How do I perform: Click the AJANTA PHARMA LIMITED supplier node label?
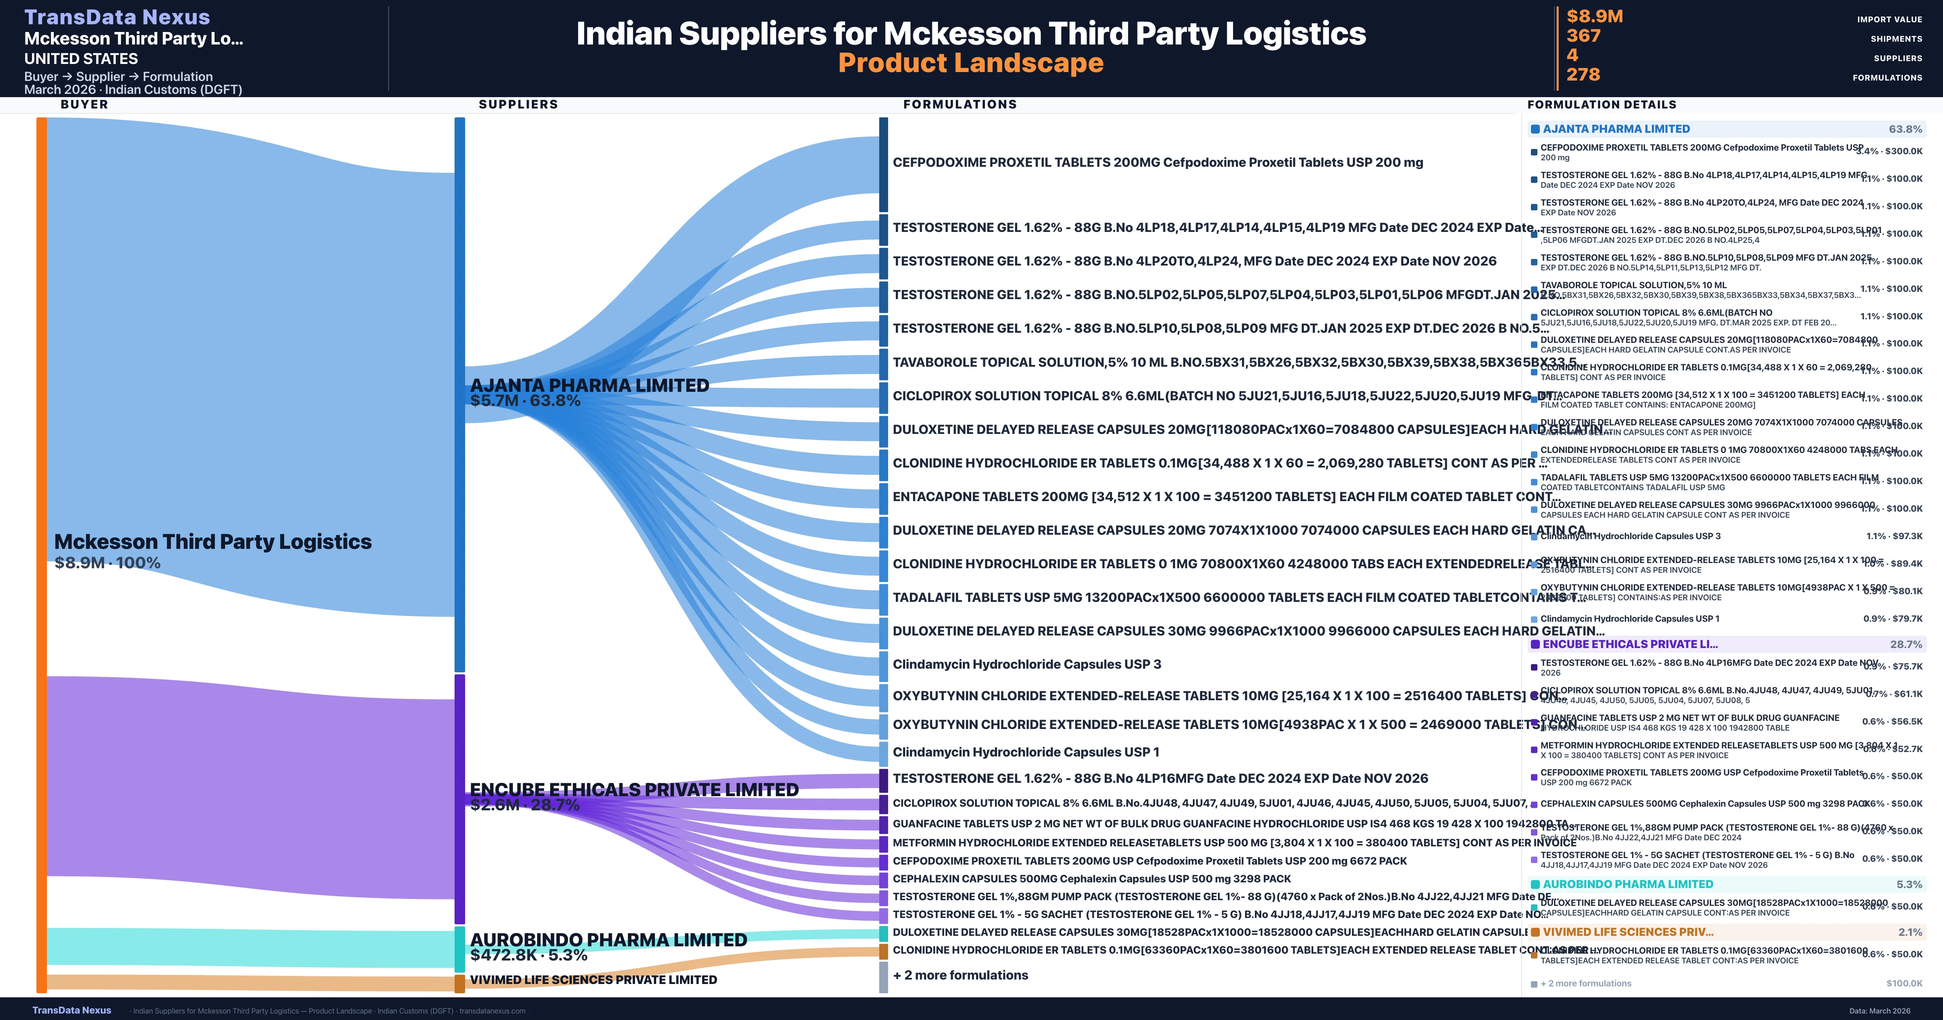point(589,385)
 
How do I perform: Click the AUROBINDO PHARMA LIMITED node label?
point(608,940)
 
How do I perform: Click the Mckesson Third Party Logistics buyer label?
point(213,542)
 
